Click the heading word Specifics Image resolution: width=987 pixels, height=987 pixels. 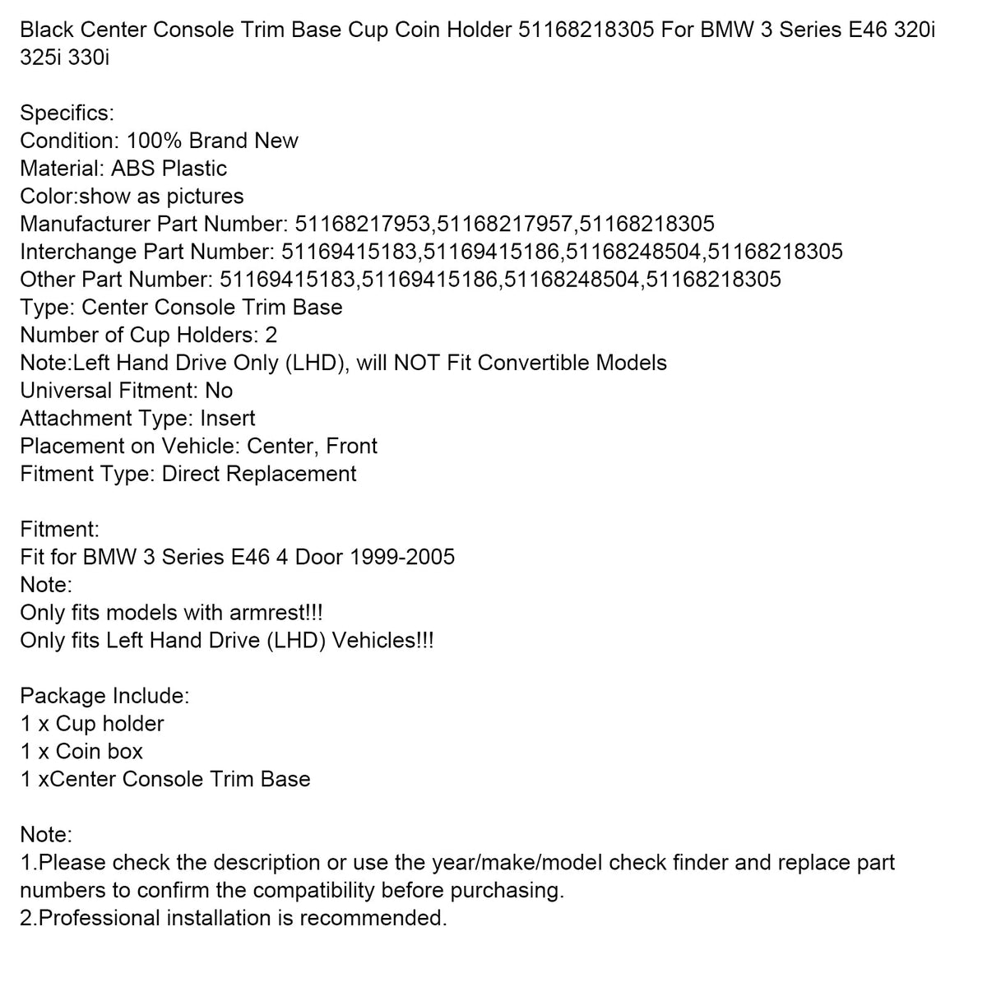(x=66, y=113)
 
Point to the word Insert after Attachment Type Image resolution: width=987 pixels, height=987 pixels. (x=228, y=419)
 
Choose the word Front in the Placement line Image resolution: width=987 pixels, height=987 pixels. (x=351, y=446)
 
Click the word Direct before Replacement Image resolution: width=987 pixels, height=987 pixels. (x=190, y=474)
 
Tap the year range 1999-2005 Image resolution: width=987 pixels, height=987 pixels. (x=402, y=557)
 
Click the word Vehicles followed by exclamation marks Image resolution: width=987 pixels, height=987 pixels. (x=386, y=640)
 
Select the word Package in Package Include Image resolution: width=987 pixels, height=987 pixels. (x=63, y=696)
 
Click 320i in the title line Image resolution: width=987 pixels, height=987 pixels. (x=913, y=32)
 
